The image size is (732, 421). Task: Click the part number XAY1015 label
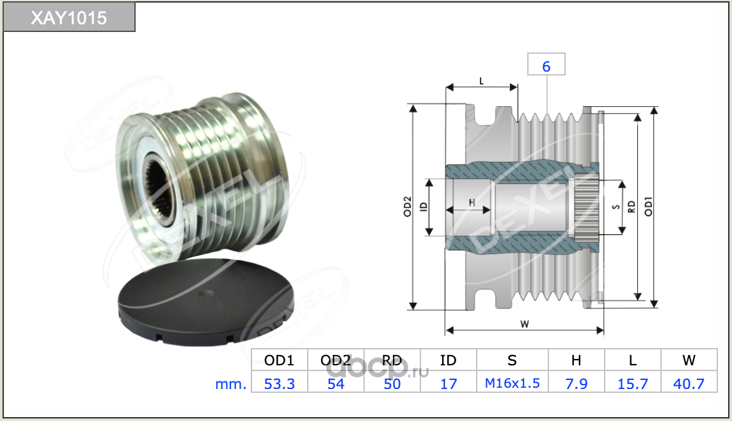point(69,18)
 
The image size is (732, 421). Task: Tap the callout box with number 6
point(546,65)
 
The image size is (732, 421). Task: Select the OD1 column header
point(279,360)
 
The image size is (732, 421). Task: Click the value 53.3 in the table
point(279,384)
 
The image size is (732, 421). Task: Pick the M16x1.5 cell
point(512,383)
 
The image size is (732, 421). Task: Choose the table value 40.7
point(688,384)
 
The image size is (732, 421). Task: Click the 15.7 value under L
point(633,384)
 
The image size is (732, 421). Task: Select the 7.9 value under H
point(576,384)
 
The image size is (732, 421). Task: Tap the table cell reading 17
point(448,384)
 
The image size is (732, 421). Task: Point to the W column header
point(688,360)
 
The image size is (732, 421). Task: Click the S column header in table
point(512,360)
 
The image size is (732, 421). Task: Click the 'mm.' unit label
point(230,384)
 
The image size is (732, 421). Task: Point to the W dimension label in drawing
point(525,324)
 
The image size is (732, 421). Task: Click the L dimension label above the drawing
point(481,81)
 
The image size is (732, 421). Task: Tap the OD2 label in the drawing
point(408,206)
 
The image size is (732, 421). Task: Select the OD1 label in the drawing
point(648,206)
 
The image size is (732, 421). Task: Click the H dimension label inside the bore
point(472,203)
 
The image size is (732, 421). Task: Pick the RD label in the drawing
point(632,207)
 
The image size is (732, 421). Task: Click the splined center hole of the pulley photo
point(158,191)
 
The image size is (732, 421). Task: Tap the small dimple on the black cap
point(206,294)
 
